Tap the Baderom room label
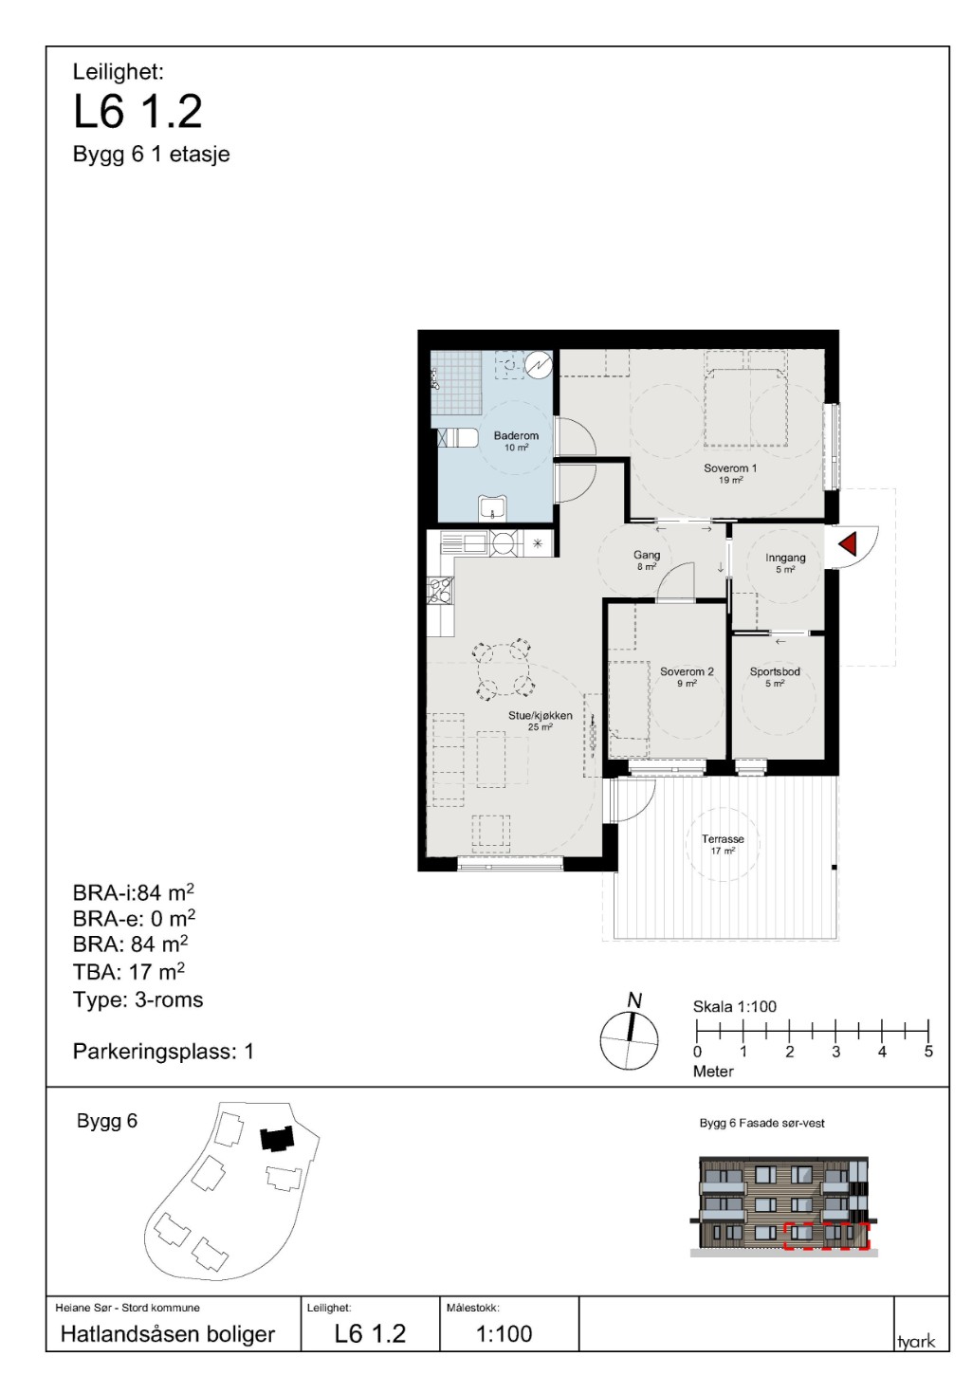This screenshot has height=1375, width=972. tap(516, 436)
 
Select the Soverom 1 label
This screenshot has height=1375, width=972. tap(730, 468)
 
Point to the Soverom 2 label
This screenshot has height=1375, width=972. tap(687, 672)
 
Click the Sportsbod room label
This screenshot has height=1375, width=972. tap(775, 672)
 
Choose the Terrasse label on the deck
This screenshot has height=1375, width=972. tap(723, 839)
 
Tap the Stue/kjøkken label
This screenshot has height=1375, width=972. tap(540, 716)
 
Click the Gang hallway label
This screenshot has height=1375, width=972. tap(647, 556)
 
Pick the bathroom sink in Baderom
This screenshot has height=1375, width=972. tap(492, 507)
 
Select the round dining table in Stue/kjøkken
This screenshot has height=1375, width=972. tap(504, 669)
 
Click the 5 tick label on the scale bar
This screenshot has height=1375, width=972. tap(928, 1052)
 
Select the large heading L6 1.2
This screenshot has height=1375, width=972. tap(138, 112)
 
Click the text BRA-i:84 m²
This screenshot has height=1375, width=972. tap(134, 892)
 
